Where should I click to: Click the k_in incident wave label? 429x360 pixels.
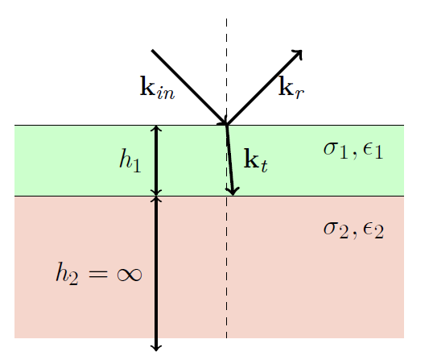coord(157,87)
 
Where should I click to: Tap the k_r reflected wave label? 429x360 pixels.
coord(291,87)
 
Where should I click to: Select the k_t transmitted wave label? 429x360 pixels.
coord(255,160)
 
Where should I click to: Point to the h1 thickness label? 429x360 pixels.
coord(130,160)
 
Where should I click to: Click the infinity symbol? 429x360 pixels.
coord(130,275)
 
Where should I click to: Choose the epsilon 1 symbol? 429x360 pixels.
coord(373,151)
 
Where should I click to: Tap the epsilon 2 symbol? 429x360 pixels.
coord(373,231)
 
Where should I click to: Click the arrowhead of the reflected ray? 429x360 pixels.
coord(299,53)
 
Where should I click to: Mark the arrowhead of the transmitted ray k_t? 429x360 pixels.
coord(233,191)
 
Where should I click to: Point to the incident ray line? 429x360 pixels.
coord(189,87)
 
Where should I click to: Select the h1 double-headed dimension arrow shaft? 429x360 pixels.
coord(156,160)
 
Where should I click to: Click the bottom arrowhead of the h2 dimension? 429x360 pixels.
coord(156,348)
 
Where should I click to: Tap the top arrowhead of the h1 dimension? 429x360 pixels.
coord(156,128)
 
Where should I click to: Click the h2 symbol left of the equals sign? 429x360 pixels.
coord(68,274)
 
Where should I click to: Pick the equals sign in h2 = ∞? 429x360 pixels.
coord(98,275)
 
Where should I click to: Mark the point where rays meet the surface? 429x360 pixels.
coord(226,125)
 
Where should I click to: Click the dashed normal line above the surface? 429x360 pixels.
coord(226,72)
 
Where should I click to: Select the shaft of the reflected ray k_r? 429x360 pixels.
coord(264,88)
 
